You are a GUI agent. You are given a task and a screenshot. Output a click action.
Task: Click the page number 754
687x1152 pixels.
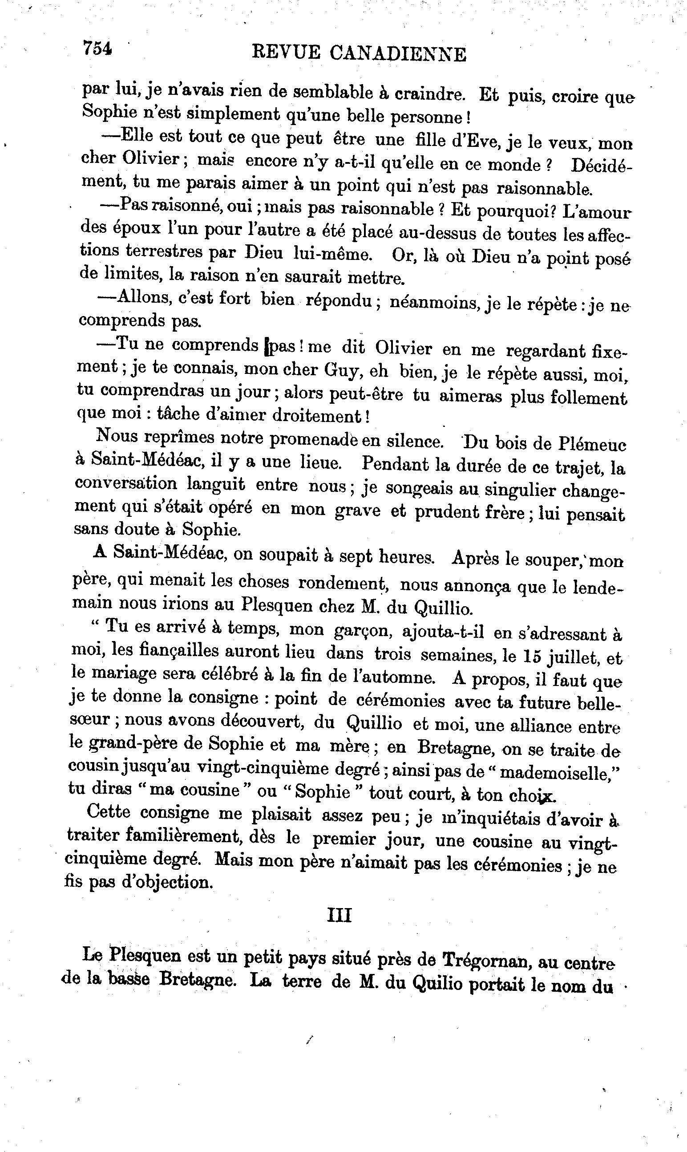click(x=97, y=48)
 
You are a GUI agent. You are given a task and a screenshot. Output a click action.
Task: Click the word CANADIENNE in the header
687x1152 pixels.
click(x=398, y=54)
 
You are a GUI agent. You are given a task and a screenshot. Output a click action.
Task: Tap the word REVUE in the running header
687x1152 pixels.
click(x=286, y=53)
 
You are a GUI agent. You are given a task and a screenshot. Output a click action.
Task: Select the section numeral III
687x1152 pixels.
click(x=339, y=915)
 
